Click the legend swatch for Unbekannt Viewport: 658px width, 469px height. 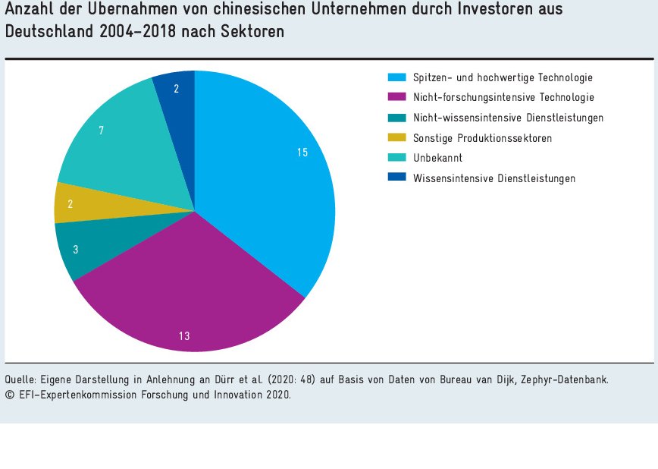(x=397, y=158)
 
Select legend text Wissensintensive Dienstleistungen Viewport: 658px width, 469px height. (x=493, y=178)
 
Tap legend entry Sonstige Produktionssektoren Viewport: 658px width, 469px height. (x=482, y=138)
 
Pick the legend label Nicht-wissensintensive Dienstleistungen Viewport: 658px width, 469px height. (x=508, y=118)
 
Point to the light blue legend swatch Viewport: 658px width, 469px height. (x=397, y=77)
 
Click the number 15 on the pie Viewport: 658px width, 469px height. (x=302, y=153)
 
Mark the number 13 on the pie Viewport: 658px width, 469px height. (x=184, y=336)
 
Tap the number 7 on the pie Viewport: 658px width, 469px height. (x=102, y=131)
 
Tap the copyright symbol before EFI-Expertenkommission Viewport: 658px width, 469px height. (x=8, y=395)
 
